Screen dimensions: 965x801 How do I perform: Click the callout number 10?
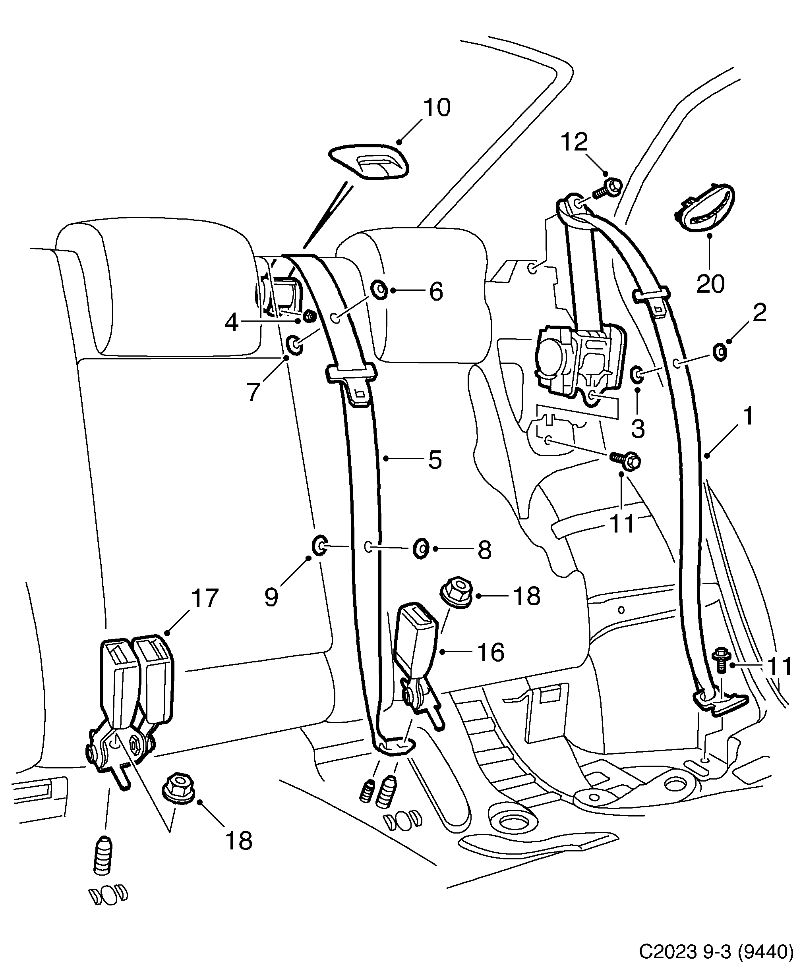[x=437, y=108]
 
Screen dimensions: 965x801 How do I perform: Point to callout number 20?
[x=710, y=284]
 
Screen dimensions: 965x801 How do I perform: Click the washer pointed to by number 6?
[x=379, y=290]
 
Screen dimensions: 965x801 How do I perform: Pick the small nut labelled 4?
[x=310, y=316]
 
